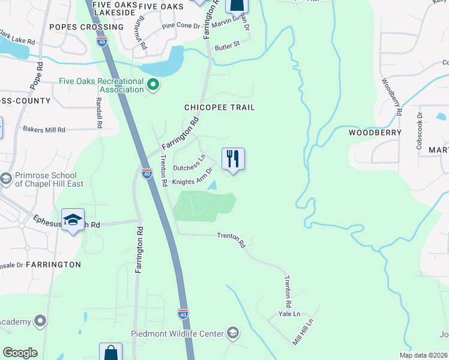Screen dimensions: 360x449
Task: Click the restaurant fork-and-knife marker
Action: pyautogui.click(x=233, y=160)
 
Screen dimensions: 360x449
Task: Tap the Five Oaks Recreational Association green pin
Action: pyautogui.click(x=153, y=85)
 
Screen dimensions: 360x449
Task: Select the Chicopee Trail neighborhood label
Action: pyautogui.click(x=220, y=107)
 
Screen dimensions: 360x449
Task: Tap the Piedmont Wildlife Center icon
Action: pyautogui.click(x=232, y=334)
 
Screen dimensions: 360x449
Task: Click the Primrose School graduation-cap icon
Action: pyautogui.click(x=6, y=179)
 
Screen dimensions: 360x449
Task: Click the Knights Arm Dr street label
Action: pyautogui.click(x=193, y=176)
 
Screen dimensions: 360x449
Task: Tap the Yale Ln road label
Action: pyautogui.click(x=289, y=314)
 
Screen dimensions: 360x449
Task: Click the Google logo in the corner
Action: pyautogui.click(x=20, y=353)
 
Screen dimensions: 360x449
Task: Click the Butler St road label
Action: pyautogui.click(x=227, y=44)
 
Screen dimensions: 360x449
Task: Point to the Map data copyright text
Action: pyautogui.click(x=423, y=355)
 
